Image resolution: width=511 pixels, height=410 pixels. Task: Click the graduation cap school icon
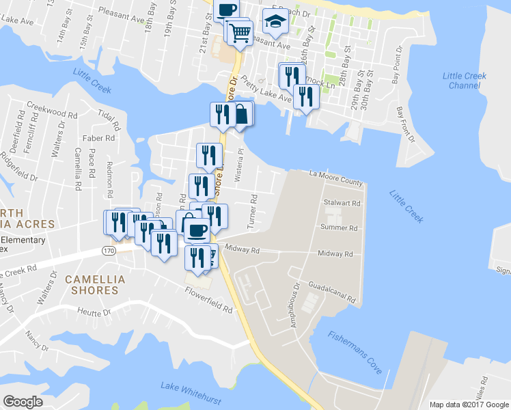pos(275,23)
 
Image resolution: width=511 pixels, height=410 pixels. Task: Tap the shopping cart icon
pos(240,31)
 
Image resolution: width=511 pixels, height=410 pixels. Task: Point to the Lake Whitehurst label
pos(189,387)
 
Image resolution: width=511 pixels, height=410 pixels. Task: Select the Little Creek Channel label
pos(465,81)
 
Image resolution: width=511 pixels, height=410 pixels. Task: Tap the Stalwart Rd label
pos(342,203)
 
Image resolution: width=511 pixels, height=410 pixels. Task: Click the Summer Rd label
pos(339,228)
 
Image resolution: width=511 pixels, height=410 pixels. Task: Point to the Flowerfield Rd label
pos(208,300)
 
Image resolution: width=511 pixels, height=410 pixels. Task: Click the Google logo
pos(23,402)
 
